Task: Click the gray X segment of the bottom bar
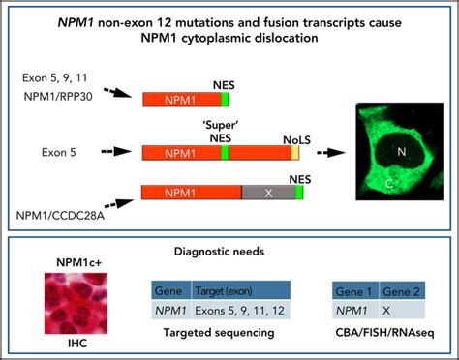tap(268, 193)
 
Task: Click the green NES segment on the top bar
tap(225, 99)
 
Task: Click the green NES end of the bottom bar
tap(300, 193)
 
